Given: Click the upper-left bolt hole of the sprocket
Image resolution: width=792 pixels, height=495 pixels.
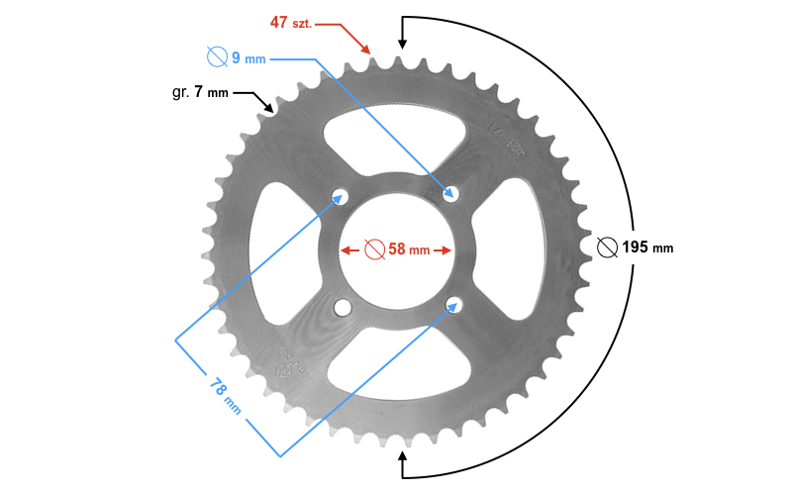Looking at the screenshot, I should pyautogui.click(x=342, y=194).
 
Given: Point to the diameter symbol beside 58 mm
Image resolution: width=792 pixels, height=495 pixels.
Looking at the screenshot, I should pyautogui.click(x=373, y=249).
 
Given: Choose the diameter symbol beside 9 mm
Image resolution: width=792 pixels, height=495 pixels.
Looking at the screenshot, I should pyautogui.click(x=217, y=56).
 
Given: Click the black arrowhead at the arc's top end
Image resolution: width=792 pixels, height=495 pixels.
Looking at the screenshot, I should pyautogui.click(x=402, y=43).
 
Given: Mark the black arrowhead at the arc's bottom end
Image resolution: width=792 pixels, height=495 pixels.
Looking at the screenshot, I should pyautogui.click(x=402, y=456).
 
